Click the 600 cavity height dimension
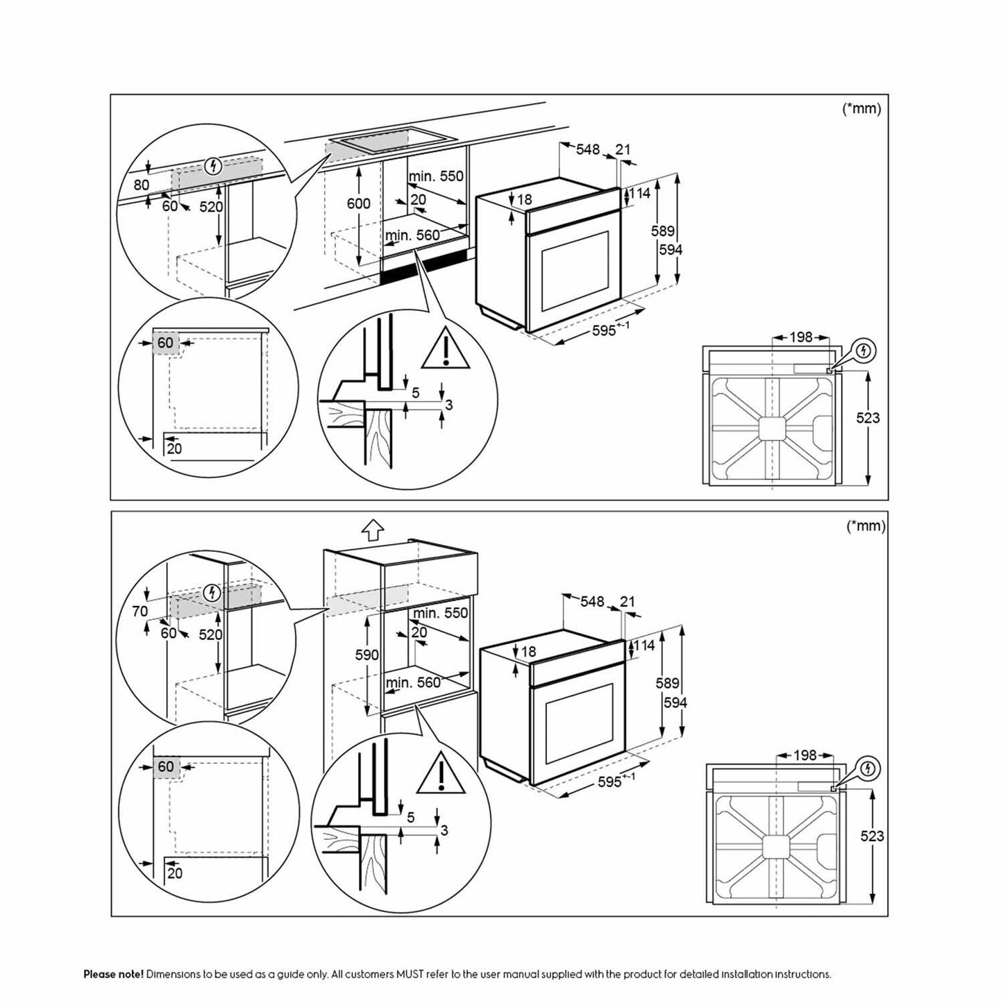click(359, 203)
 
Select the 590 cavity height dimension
click(367, 655)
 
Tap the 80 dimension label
click(142, 185)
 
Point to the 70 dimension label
click(140, 612)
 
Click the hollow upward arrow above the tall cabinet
click(373, 531)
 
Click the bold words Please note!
click(114, 975)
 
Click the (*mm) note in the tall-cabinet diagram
click(866, 526)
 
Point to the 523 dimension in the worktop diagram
click(868, 418)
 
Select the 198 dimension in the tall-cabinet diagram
click(804, 755)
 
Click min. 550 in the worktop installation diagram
click(435, 176)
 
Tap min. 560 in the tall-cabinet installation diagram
click(413, 682)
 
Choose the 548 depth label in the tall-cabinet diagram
click(592, 601)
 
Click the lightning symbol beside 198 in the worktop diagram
click(863, 351)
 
